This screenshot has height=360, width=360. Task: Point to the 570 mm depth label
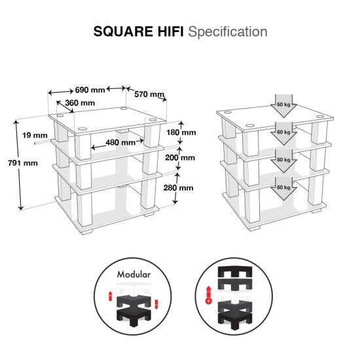[149, 94]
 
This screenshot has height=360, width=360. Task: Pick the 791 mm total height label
[22, 164]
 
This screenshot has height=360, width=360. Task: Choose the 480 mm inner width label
[120, 143]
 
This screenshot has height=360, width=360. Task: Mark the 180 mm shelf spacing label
[181, 132]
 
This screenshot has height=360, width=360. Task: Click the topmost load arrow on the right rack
[284, 105]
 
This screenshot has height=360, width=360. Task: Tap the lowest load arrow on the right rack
[284, 187]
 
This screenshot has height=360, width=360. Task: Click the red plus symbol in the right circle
[209, 302]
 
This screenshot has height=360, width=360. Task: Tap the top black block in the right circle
[234, 272]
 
